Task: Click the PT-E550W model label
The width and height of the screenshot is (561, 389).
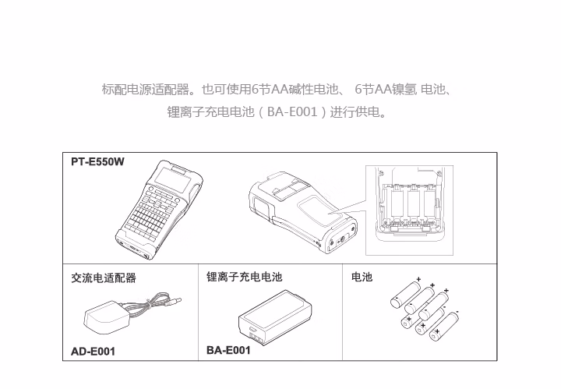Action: pyautogui.click(x=97, y=161)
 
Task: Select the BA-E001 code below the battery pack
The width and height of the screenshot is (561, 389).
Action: pyautogui.click(x=228, y=350)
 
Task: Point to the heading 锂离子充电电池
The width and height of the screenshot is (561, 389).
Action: pyautogui.click(x=244, y=277)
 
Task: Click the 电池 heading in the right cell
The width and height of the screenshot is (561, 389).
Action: pyautogui.click(x=362, y=277)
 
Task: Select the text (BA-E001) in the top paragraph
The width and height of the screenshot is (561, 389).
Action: pyautogui.click(x=291, y=112)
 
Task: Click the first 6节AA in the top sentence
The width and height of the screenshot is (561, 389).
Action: pyautogui.click(x=257, y=90)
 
